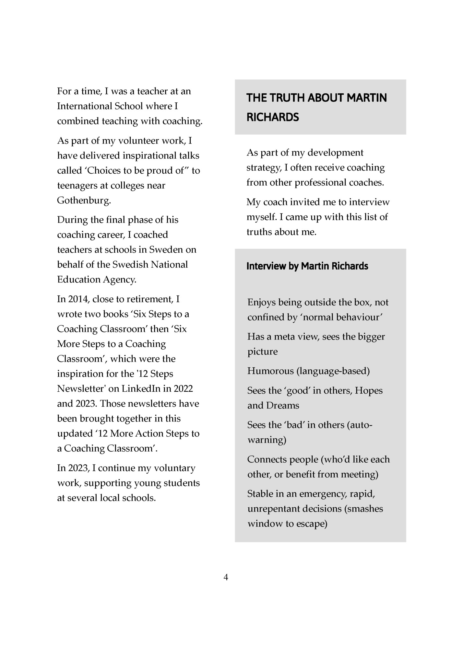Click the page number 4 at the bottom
226,577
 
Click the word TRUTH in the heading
287,98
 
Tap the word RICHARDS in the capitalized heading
273,117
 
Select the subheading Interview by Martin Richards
307,266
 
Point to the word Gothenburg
83,201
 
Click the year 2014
78,299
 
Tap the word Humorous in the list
270,371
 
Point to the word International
84,106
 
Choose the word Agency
119,280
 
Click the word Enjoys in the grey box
261,303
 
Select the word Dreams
283,406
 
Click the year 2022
183,389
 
